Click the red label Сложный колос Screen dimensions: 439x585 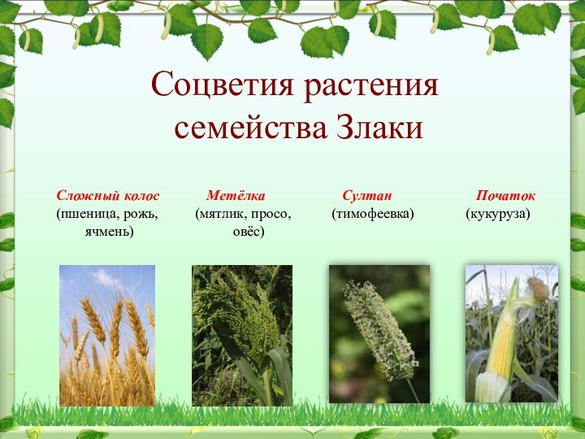108,196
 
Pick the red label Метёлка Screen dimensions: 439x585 236,196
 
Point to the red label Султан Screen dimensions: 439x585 367,196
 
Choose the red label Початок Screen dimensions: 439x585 505,196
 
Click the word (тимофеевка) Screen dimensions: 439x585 373,214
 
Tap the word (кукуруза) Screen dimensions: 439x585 498,214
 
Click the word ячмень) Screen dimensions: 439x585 109,232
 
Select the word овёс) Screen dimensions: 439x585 249,232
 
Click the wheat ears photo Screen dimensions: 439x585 107,335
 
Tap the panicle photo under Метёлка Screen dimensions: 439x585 242,335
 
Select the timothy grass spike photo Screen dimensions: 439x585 379,333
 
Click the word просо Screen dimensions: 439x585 271,214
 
